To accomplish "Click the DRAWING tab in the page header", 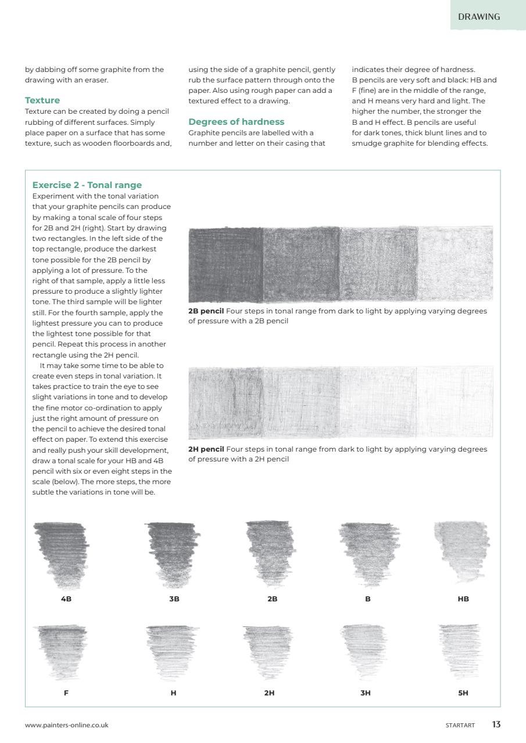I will pos(479,17).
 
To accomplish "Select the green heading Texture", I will pos(42,100).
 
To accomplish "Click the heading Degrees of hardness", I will pos(236,122).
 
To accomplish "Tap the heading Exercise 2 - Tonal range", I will pos(87,185).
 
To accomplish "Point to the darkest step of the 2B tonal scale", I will pos(226,264).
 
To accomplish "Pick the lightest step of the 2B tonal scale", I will pos(455,264).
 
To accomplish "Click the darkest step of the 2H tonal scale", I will pos(226,402).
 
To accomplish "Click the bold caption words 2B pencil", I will pos(206,311).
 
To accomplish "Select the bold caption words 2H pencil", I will pos(206,449).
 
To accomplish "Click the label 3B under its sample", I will pos(174,599).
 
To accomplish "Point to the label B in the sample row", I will pos(368,599).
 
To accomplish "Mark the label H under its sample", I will pos(173,692).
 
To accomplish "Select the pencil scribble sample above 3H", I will pos(364,650).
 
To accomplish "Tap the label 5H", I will pos(463,692).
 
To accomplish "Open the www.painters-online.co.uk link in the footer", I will pos(66,725).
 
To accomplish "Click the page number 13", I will pos(496,724).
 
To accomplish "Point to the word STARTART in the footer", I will pos(460,726).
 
